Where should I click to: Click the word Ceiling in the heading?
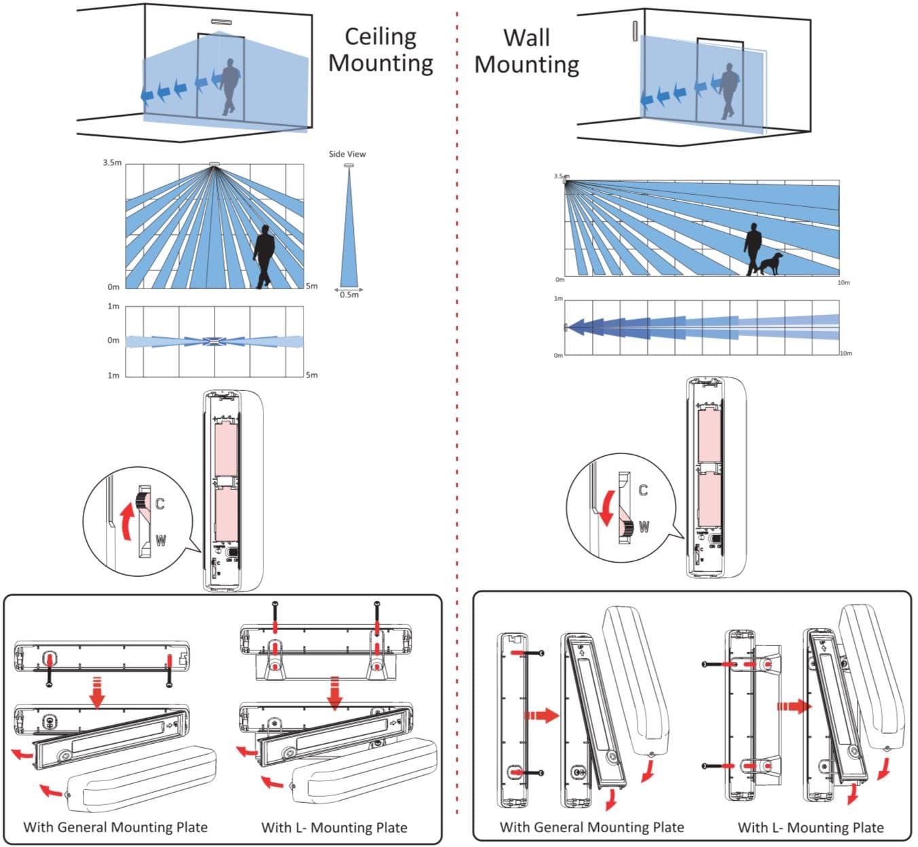tap(380, 37)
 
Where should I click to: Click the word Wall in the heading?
tap(526, 37)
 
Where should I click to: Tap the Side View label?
tap(347, 154)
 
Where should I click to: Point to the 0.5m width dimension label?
tap(349, 295)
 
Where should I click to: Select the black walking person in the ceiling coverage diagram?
tap(264, 257)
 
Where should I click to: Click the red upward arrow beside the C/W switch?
tap(126, 521)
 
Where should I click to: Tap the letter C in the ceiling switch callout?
tap(160, 503)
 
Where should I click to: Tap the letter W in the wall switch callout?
tap(644, 526)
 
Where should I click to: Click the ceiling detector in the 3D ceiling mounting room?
tap(221, 21)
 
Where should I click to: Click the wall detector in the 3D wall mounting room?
tap(635, 31)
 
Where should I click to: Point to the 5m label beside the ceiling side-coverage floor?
tap(312, 286)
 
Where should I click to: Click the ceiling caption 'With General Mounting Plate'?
tap(115, 827)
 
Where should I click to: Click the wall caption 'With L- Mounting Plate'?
tap(811, 827)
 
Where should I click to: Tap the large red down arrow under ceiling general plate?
tap(96, 692)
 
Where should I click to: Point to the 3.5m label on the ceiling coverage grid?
tap(112, 163)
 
